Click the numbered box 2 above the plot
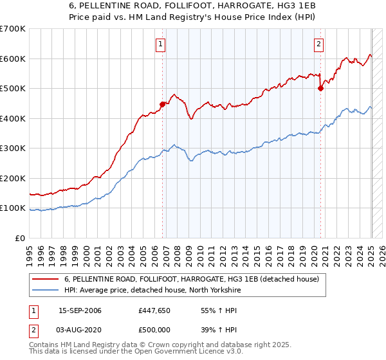coord(318,44)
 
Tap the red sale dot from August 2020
coord(320,89)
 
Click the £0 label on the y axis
coord(21,238)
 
